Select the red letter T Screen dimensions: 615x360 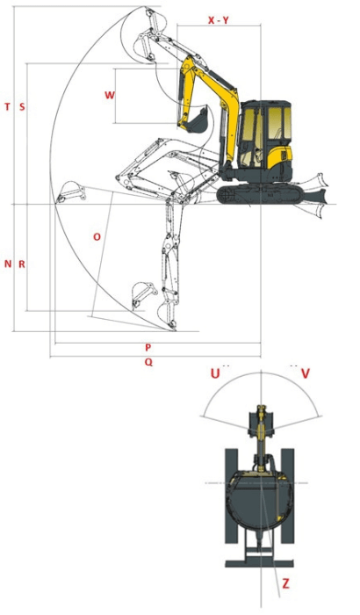point(8,106)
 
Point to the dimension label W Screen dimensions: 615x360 point(109,94)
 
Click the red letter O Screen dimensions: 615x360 point(97,236)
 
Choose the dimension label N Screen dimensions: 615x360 point(8,264)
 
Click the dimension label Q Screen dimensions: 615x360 point(148,361)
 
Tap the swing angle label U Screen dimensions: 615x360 point(214,373)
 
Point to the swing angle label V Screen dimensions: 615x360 point(305,373)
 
